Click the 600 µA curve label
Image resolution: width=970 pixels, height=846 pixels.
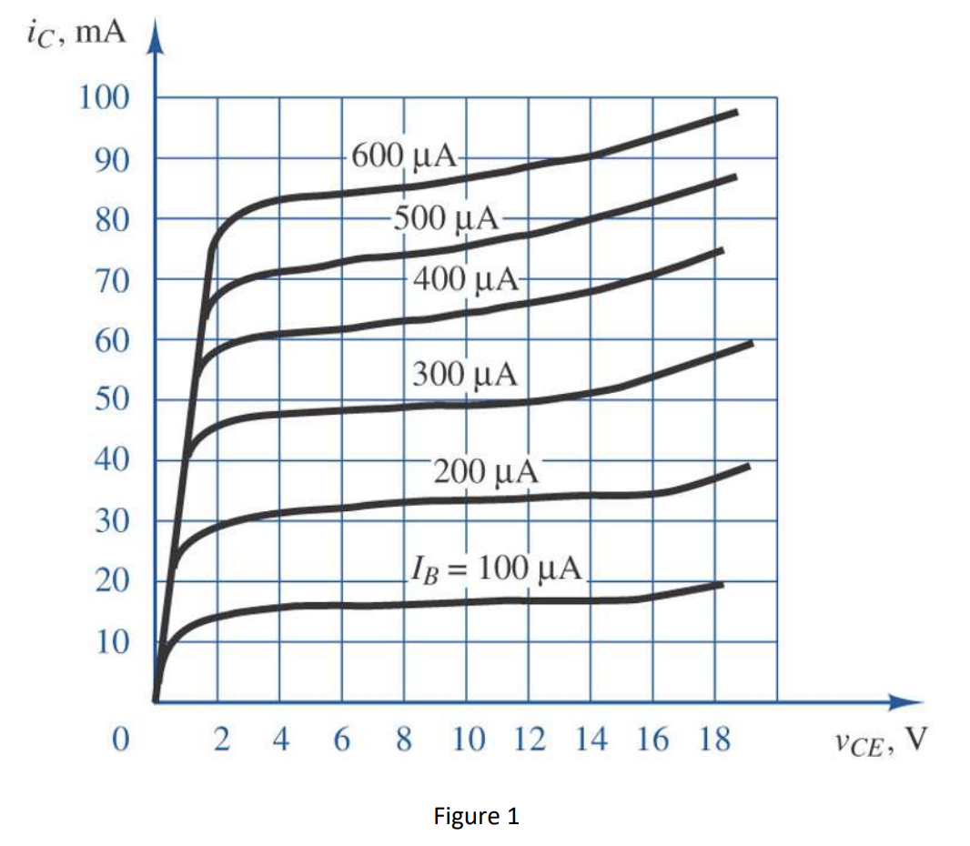click(x=403, y=156)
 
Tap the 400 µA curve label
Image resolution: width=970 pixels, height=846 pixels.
click(x=466, y=278)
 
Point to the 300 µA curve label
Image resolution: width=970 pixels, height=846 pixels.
click(x=464, y=373)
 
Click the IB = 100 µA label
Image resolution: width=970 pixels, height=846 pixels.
click(x=495, y=569)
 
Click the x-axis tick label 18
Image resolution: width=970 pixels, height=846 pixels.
click(x=715, y=740)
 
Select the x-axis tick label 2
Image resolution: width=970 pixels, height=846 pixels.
click(x=219, y=740)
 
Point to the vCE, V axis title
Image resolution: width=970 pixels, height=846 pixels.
click(x=879, y=741)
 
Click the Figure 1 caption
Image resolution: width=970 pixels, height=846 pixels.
click(x=477, y=816)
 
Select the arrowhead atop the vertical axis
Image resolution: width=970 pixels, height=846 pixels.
click(x=155, y=41)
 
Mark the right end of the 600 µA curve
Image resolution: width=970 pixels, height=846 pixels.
click(x=735, y=112)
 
